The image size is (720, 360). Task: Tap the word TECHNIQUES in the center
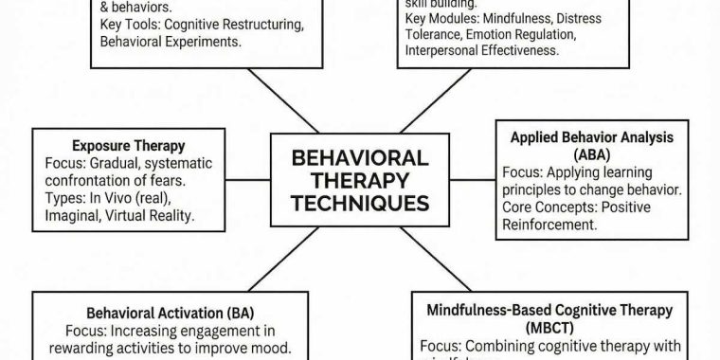coord(359,203)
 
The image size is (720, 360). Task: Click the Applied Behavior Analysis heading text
coord(592,137)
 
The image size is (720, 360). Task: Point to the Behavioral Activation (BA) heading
coord(171,312)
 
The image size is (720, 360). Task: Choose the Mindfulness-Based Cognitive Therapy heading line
coord(549,310)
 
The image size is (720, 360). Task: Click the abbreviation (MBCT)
coord(549,328)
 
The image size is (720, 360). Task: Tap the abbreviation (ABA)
coord(592,154)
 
